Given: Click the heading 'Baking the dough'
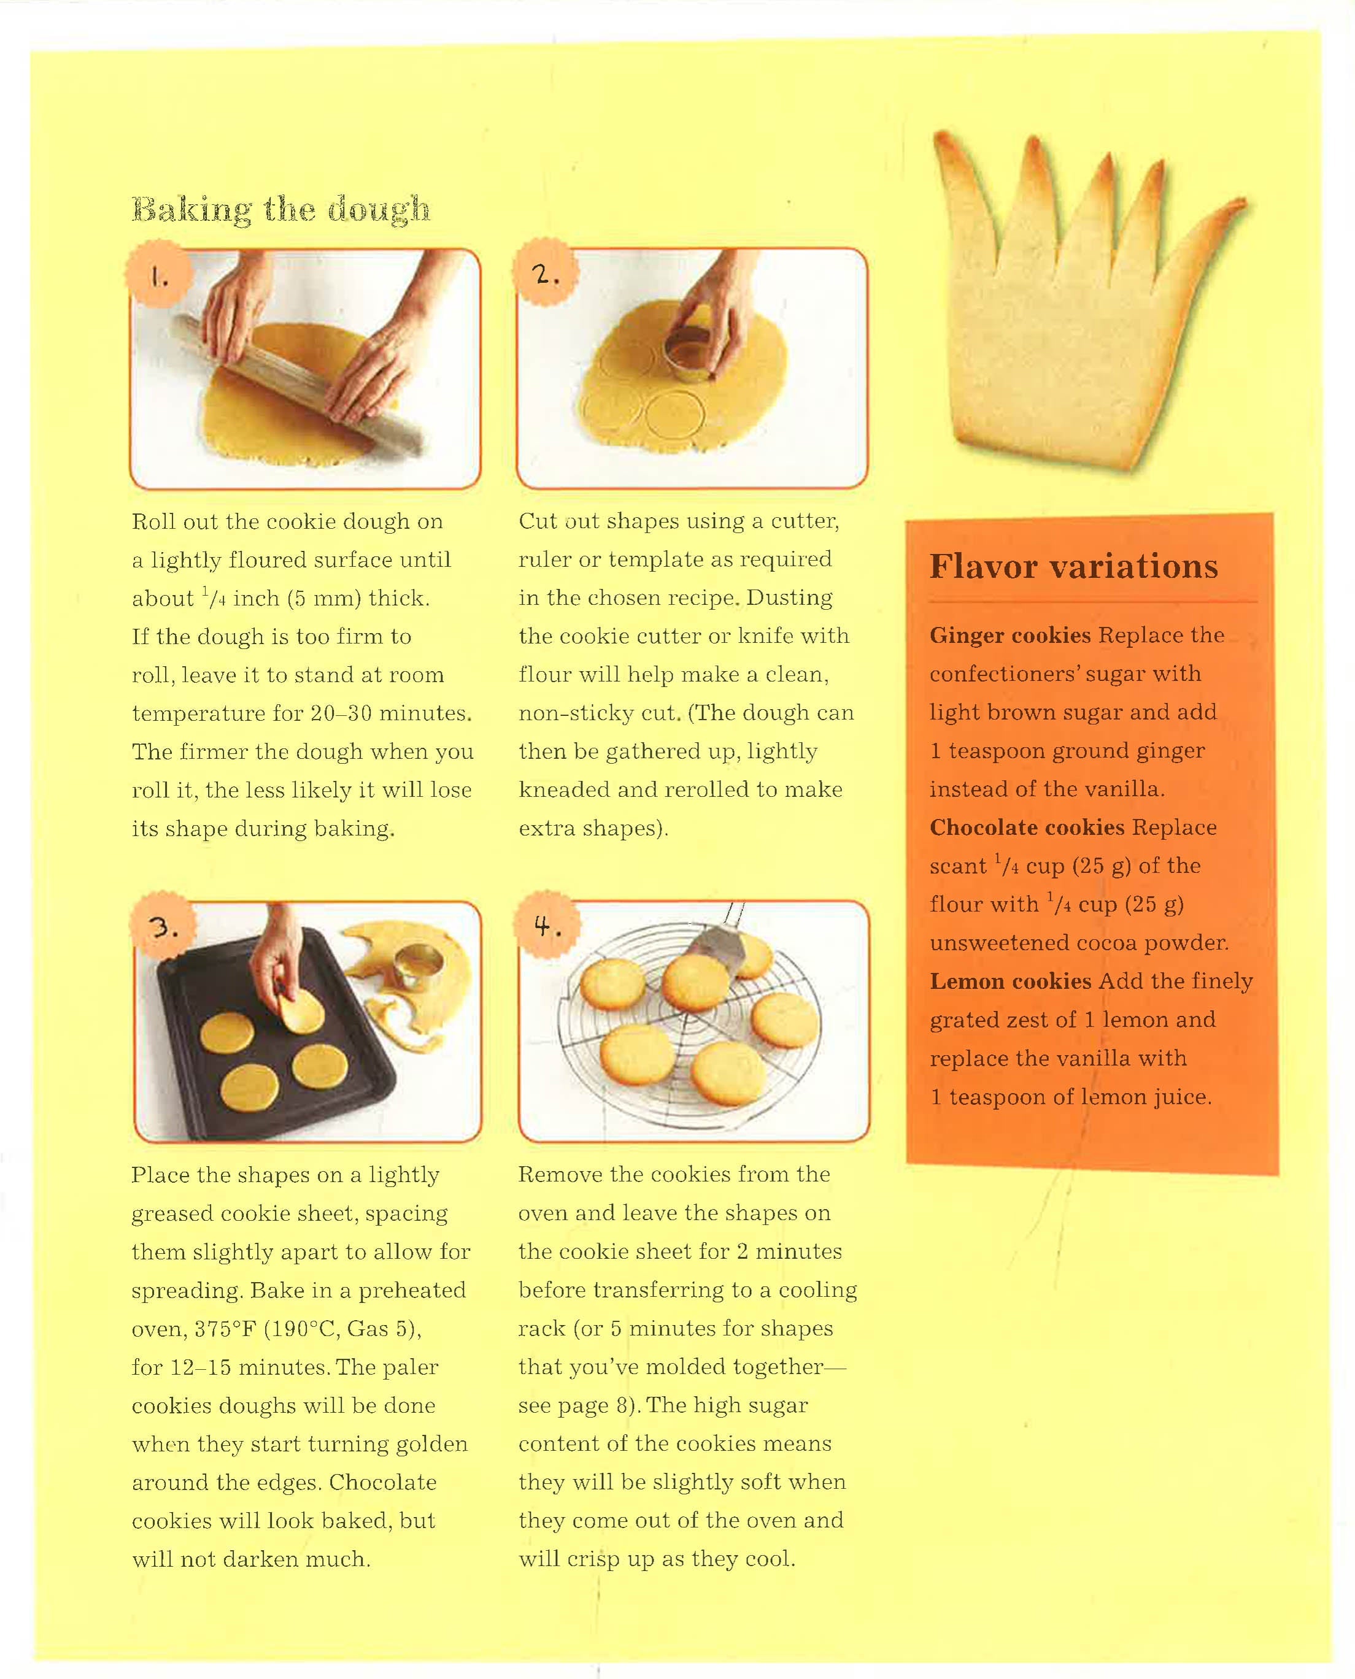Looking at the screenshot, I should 281,209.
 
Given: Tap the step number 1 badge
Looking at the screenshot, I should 159,275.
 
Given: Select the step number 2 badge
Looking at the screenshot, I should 545,273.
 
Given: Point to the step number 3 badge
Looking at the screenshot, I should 163,927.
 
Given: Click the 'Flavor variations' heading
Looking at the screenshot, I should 1073,566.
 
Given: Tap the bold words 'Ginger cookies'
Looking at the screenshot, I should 1010,635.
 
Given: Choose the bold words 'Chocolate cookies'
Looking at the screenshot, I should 1027,827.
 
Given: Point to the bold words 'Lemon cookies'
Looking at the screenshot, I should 1010,981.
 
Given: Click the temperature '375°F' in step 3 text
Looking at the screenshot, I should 225,1329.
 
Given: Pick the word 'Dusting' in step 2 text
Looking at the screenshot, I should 789,597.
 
